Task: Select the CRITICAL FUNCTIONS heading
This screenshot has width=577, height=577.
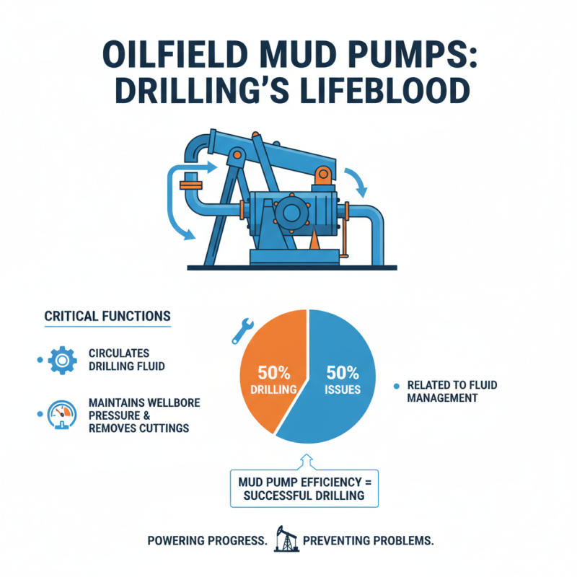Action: (107, 316)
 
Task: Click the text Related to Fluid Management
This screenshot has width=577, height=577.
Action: (452, 392)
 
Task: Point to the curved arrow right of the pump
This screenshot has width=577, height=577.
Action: (356, 180)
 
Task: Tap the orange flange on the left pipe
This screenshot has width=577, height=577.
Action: (191, 186)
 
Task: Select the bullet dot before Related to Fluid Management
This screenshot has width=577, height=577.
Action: (395, 387)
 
